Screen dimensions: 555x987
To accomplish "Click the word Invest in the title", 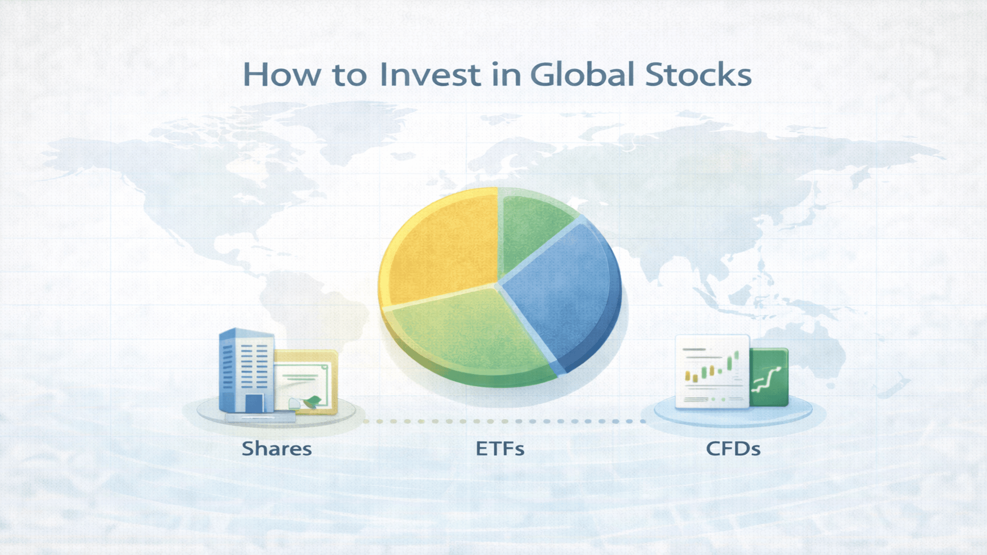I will [430, 75].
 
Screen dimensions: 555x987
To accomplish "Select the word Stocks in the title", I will [698, 75].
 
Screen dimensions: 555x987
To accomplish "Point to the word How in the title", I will [281, 75].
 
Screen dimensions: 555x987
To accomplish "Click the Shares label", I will [277, 449].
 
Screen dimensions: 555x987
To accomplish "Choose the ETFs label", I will [500, 449].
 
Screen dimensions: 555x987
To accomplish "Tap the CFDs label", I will [733, 449].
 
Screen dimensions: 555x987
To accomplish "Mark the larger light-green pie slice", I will [468, 334].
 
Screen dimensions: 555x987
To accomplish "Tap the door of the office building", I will [254, 403].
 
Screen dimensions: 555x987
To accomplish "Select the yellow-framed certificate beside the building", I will [306, 380].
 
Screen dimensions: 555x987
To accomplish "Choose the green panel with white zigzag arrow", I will [769, 378].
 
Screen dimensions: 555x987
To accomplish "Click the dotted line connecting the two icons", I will [504, 421].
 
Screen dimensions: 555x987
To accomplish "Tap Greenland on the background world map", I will [355, 123].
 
